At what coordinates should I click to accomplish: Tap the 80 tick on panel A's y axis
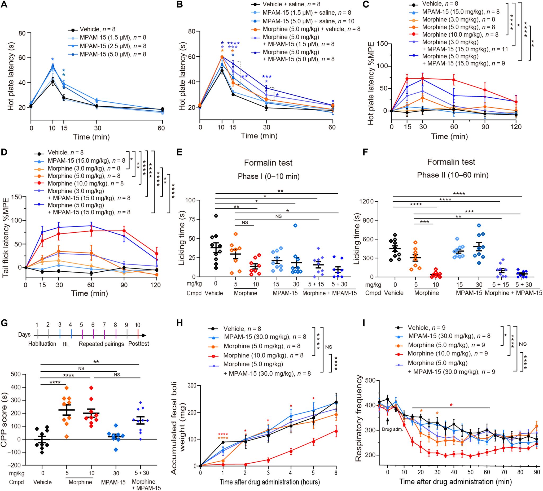click(x=23, y=33)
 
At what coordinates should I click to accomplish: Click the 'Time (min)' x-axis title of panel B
click(x=259, y=136)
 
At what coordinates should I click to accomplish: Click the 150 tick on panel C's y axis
click(x=382, y=44)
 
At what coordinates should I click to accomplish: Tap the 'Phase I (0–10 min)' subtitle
click(x=268, y=176)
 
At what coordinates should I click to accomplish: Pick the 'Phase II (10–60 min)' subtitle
click(x=453, y=175)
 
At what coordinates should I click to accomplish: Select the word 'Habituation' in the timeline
click(x=42, y=344)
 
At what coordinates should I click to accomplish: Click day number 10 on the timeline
click(x=138, y=325)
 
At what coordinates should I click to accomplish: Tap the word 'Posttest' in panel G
click(x=138, y=344)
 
